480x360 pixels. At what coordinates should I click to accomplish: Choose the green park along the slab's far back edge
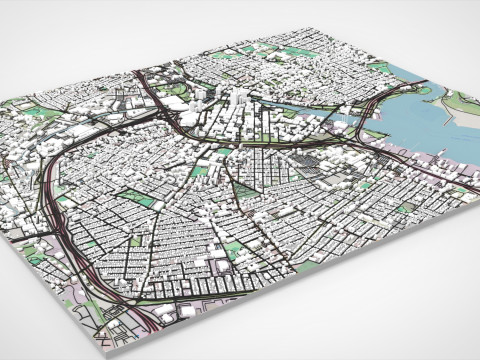tap(295, 52)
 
